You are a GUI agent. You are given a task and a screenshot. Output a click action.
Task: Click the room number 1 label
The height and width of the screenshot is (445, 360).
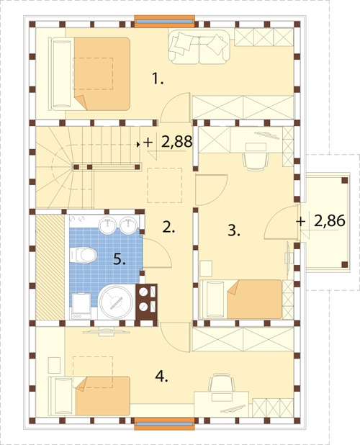(158, 78)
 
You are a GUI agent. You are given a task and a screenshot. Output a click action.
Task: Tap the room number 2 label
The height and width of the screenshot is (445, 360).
(168, 227)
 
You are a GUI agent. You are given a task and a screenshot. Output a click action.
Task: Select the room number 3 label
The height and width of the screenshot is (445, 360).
(234, 230)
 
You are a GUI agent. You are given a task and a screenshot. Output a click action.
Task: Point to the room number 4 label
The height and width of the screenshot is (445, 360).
(162, 377)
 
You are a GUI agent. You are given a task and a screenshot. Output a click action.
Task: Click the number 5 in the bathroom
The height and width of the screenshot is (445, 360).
(120, 259)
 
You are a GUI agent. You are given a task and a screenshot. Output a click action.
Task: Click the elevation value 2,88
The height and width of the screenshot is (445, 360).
(176, 142)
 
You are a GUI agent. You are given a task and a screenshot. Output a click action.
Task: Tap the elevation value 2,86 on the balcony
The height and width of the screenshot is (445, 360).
(329, 220)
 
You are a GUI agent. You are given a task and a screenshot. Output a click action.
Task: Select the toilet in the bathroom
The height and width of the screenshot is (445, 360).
(83, 254)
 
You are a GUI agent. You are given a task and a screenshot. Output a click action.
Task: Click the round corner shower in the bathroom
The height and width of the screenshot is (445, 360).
(117, 302)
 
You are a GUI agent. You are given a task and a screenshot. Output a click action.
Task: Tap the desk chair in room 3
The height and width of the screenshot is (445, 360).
(256, 161)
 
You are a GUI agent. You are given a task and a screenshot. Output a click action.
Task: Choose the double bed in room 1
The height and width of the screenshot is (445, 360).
(90, 73)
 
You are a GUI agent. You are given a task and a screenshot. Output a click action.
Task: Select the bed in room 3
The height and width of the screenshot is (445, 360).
(241, 300)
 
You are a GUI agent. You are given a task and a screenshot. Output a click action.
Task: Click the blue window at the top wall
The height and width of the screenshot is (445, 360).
(165, 22)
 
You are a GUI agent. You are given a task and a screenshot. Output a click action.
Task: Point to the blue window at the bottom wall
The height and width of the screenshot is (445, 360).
(165, 424)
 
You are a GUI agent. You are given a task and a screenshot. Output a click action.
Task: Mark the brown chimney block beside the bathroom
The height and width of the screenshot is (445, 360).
(146, 305)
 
